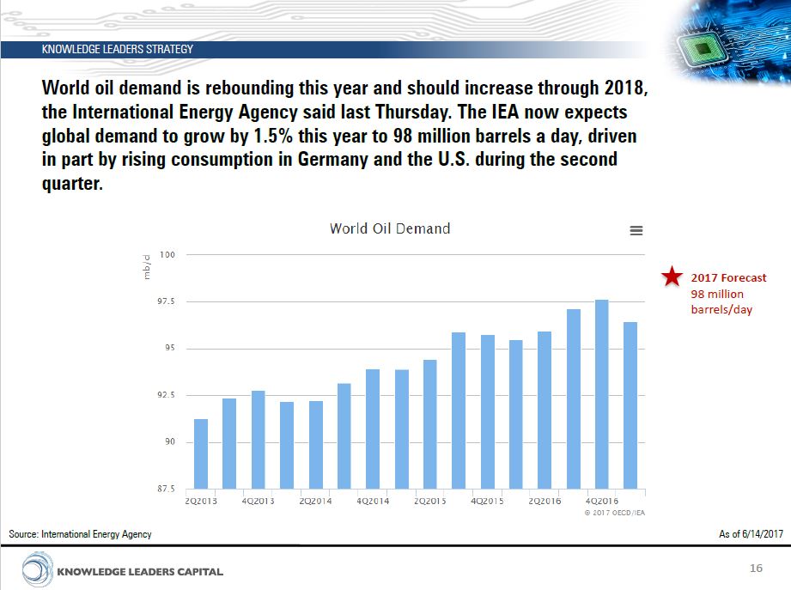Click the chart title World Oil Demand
[x=390, y=228]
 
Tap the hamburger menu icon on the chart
[x=636, y=230]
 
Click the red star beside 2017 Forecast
[x=672, y=277]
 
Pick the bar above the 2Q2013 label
[x=201, y=453]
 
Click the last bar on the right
[x=630, y=404]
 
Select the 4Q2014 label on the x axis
[x=373, y=501]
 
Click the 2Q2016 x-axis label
[x=545, y=501]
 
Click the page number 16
[x=756, y=569]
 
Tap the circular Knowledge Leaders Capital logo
[x=37, y=570]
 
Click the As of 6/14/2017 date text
[x=751, y=534]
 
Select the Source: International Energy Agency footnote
[x=80, y=534]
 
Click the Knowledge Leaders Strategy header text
[x=118, y=50]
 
